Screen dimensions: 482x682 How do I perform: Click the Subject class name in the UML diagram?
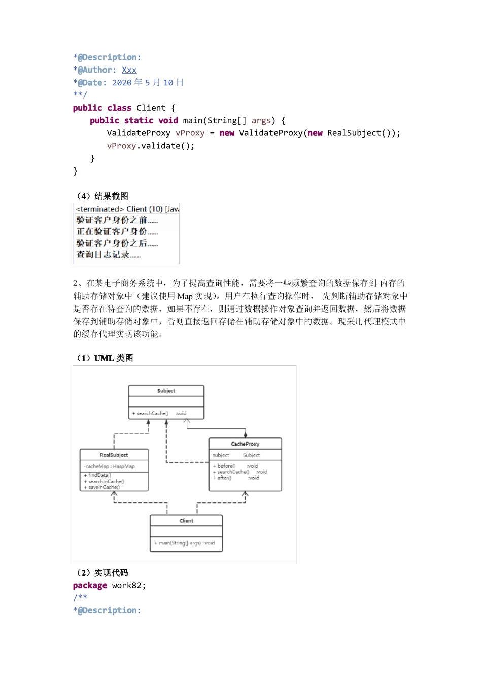[166, 391]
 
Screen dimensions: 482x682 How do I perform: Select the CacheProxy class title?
[245, 444]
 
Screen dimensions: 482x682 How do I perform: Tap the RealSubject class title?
[114, 455]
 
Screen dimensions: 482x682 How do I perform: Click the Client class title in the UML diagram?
[186, 521]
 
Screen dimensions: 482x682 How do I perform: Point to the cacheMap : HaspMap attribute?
[109, 466]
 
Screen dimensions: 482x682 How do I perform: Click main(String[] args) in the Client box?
[184, 543]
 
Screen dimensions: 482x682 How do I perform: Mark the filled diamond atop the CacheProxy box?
[246, 435]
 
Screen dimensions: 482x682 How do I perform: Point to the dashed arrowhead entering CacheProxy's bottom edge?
[245, 494]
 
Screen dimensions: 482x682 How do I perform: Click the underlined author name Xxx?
[129, 70]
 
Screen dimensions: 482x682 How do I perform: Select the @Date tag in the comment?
[91, 83]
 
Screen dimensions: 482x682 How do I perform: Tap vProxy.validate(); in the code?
[151, 146]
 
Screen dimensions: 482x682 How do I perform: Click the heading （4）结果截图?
[102, 196]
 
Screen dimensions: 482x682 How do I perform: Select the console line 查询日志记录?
[108, 254]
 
